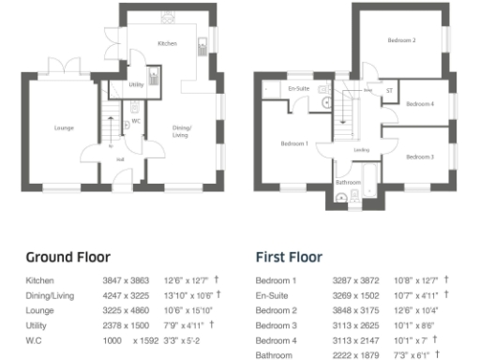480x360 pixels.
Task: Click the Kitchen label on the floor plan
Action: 166,44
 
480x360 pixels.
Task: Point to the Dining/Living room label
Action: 182,130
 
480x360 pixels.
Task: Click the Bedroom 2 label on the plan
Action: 401,40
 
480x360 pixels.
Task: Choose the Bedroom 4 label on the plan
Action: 420,103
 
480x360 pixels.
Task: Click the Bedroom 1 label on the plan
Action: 294,143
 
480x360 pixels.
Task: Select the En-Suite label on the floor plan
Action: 298,88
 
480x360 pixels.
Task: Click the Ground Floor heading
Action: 67,257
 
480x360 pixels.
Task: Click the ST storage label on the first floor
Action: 389,91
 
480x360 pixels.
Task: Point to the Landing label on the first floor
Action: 360,148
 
